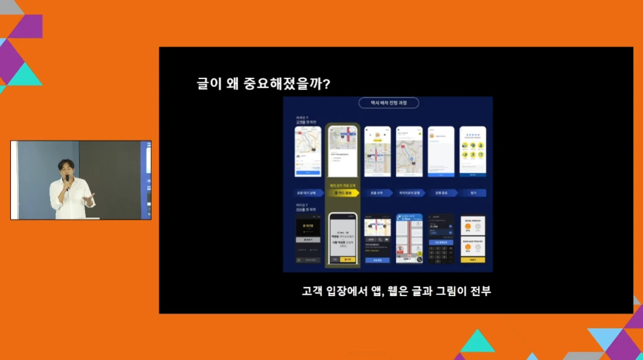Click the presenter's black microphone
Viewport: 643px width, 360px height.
pyautogui.click(x=67, y=181)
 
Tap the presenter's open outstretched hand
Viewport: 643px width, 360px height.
pyautogui.click(x=90, y=198)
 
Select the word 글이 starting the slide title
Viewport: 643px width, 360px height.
pyautogui.click(x=207, y=83)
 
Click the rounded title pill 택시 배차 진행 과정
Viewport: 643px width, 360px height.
pyautogui.click(x=388, y=103)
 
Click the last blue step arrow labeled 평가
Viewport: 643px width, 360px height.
pyautogui.click(x=473, y=193)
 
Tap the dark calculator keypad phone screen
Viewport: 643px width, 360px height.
pyautogui.click(x=441, y=239)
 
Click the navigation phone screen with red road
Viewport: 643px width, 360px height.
pyautogui.click(x=409, y=239)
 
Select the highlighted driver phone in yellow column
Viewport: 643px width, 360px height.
pyautogui.click(x=343, y=239)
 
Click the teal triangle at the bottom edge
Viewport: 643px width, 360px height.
pyautogui.click(x=477, y=342)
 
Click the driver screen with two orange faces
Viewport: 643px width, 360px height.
pyautogui.click(x=473, y=239)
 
